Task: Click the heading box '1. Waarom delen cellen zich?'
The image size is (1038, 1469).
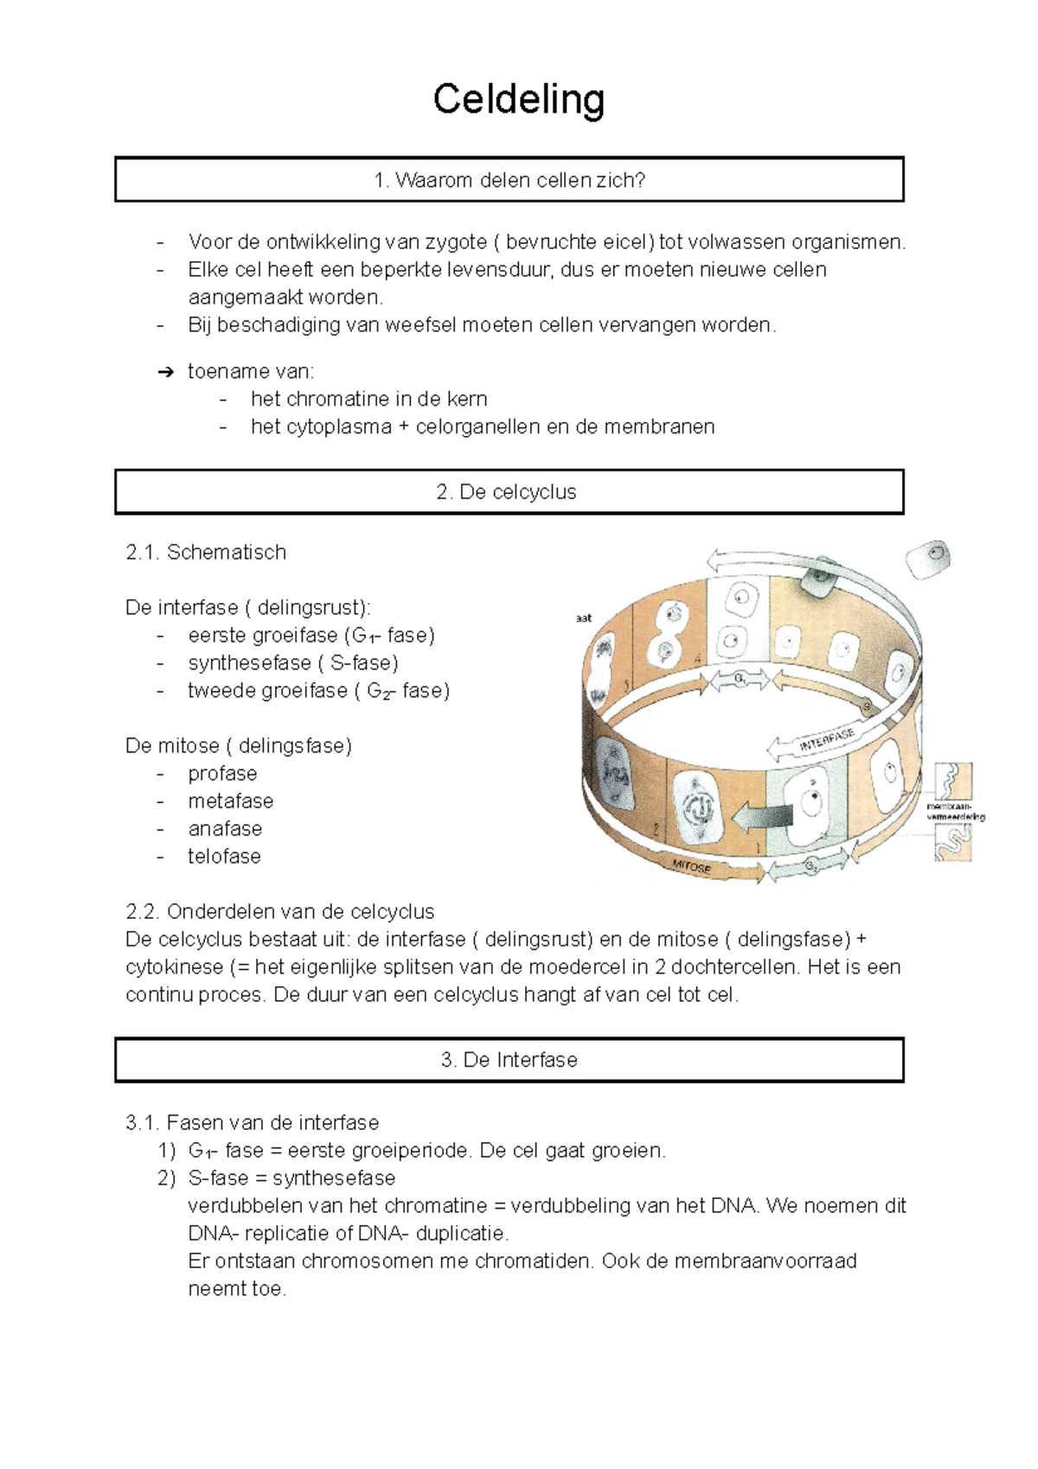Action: [x=509, y=180]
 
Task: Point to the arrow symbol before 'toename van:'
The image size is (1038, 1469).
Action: [x=165, y=373]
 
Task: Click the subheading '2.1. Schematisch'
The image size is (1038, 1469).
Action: [x=205, y=552]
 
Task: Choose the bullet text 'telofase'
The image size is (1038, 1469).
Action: [x=224, y=856]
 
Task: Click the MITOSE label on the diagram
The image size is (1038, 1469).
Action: [x=691, y=866]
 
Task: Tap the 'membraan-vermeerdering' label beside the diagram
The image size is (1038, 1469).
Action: [x=955, y=811]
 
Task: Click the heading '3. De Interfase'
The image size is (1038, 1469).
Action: [x=509, y=1060]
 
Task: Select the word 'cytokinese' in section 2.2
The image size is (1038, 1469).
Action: [x=174, y=967]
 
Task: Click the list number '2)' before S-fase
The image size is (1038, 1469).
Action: [x=166, y=1178]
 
